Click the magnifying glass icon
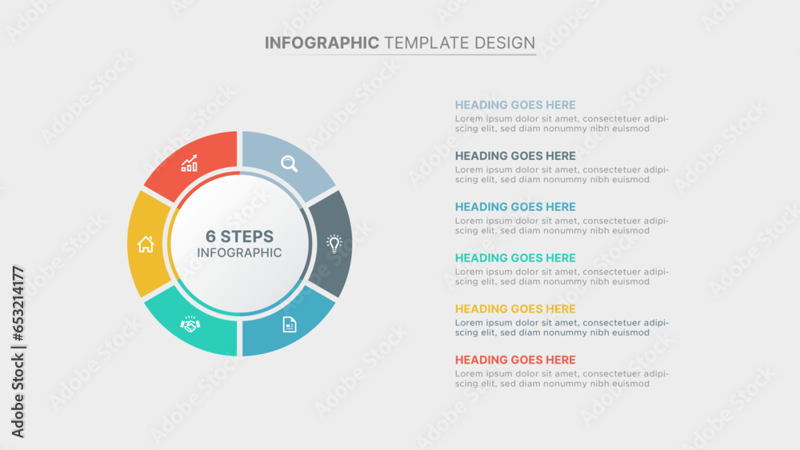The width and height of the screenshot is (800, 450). (x=290, y=164)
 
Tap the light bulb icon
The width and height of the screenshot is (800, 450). (x=334, y=244)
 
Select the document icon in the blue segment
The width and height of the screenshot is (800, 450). (x=290, y=325)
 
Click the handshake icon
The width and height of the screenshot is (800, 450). (x=190, y=325)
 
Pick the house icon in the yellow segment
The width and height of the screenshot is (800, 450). (x=146, y=244)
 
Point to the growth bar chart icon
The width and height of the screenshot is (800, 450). (x=190, y=164)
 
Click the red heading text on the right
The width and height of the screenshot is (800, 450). (x=515, y=360)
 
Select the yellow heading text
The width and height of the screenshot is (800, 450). (x=515, y=309)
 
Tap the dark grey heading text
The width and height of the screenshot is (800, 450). (x=515, y=156)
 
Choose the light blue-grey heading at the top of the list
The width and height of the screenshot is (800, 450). (x=515, y=105)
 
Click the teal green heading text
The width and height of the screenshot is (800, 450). (x=515, y=258)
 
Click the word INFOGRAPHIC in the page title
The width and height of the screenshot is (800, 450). (x=322, y=43)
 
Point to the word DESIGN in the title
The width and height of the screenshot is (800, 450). (x=505, y=43)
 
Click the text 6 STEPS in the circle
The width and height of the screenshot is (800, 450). (x=239, y=237)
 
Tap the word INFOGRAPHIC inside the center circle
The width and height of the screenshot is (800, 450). (x=239, y=253)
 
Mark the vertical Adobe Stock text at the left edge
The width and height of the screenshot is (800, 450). (x=18, y=396)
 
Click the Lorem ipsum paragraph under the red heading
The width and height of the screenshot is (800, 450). (x=562, y=379)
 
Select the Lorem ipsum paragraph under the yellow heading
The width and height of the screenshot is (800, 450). (x=562, y=328)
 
